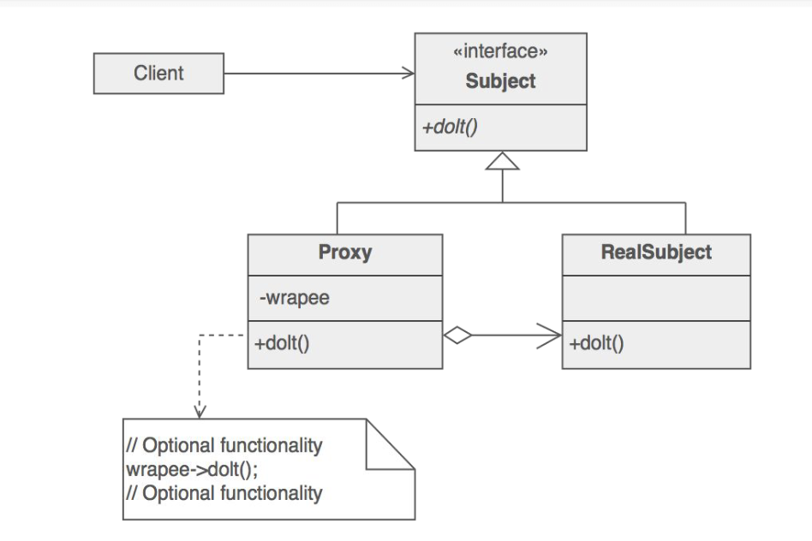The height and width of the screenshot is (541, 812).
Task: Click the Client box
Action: pos(158,73)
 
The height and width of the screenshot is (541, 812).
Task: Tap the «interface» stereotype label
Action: pos(500,51)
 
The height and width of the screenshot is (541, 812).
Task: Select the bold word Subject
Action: pos(500,81)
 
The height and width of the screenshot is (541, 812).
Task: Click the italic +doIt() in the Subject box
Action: pos(450,127)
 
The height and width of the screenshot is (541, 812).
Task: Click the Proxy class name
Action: pos(345,253)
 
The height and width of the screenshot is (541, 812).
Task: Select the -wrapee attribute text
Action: pos(294,298)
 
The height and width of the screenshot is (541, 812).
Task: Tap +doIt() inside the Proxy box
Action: pos(282,343)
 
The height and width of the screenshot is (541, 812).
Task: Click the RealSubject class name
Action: pos(656,253)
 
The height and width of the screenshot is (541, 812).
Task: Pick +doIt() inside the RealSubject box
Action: pos(596,343)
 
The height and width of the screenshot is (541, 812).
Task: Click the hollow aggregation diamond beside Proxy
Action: pos(457,335)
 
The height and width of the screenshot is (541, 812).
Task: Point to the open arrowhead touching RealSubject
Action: pos(549,336)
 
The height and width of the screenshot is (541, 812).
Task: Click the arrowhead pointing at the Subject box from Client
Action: pos(409,73)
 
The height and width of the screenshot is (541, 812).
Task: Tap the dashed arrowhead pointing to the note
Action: pos(200,412)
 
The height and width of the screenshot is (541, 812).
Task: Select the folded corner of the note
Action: pos(391,444)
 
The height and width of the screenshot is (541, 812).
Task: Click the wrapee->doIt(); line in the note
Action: pos(192,470)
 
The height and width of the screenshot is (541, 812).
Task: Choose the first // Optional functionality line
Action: pos(224,445)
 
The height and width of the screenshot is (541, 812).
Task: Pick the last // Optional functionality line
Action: pos(224,493)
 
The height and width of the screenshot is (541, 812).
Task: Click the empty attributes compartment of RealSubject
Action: pos(656,298)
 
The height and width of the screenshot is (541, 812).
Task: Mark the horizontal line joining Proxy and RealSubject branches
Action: pos(511,202)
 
